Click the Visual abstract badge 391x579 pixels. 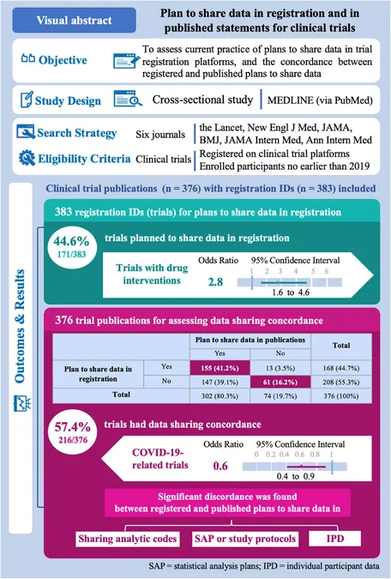(x=75, y=20)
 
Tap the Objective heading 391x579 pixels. (x=63, y=60)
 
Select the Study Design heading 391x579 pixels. (x=68, y=101)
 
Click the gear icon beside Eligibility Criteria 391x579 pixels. (x=27, y=158)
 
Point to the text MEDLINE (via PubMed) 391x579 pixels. (x=320, y=100)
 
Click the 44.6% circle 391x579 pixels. (x=71, y=246)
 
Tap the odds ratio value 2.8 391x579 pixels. (x=215, y=282)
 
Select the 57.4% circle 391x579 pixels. (x=73, y=431)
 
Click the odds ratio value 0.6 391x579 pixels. (x=220, y=466)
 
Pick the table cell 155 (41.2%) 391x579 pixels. (x=220, y=368)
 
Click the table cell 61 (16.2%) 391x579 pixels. (x=280, y=383)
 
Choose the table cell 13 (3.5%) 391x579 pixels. (x=280, y=368)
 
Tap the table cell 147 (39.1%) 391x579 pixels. (x=220, y=383)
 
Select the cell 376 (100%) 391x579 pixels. (x=340, y=396)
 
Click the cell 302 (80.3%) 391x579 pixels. (x=220, y=396)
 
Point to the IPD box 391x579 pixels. (x=335, y=539)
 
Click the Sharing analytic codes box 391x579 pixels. (x=128, y=539)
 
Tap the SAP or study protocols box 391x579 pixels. (x=245, y=539)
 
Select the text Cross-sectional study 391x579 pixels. (x=202, y=100)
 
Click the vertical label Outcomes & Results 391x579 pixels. (x=19, y=326)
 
